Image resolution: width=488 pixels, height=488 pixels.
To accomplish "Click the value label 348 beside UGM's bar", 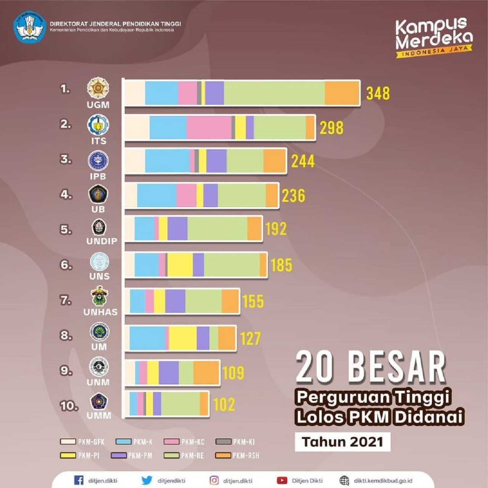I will tap(378, 93).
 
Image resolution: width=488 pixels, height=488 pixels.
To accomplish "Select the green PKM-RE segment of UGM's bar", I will tap(274, 93).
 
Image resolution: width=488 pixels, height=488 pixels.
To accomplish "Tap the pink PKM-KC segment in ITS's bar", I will tap(209, 127).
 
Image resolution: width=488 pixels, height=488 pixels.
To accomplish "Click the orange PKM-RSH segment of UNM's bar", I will tap(206, 372).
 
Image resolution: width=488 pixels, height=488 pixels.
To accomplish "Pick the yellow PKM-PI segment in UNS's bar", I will tap(180, 265).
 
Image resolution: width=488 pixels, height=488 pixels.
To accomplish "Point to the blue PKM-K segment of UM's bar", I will tap(147, 338).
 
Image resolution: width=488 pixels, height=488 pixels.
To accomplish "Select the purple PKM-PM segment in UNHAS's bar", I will tap(175, 301).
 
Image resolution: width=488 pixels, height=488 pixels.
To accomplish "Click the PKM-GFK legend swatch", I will tap(68, 441).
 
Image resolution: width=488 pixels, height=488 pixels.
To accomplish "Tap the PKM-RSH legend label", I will tap(246, 455).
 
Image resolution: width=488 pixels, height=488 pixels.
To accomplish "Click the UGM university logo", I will tap(98, 88).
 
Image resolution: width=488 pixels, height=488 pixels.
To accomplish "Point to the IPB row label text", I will tap(98, 177).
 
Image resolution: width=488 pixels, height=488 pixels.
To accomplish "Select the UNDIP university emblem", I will tap(99, 227).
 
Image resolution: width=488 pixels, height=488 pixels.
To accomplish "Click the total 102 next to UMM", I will tap(224, 405).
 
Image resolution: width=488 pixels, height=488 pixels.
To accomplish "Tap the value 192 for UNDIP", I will tap(276, 229).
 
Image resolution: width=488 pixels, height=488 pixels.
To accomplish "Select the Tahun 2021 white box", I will tap(342, 441).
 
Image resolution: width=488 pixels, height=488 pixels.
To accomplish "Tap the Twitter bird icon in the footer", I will tap(147, 480).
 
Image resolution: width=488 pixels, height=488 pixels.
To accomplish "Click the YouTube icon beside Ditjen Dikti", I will tap(282, 480).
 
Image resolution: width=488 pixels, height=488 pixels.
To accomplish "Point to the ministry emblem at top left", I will tap(29, 27).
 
